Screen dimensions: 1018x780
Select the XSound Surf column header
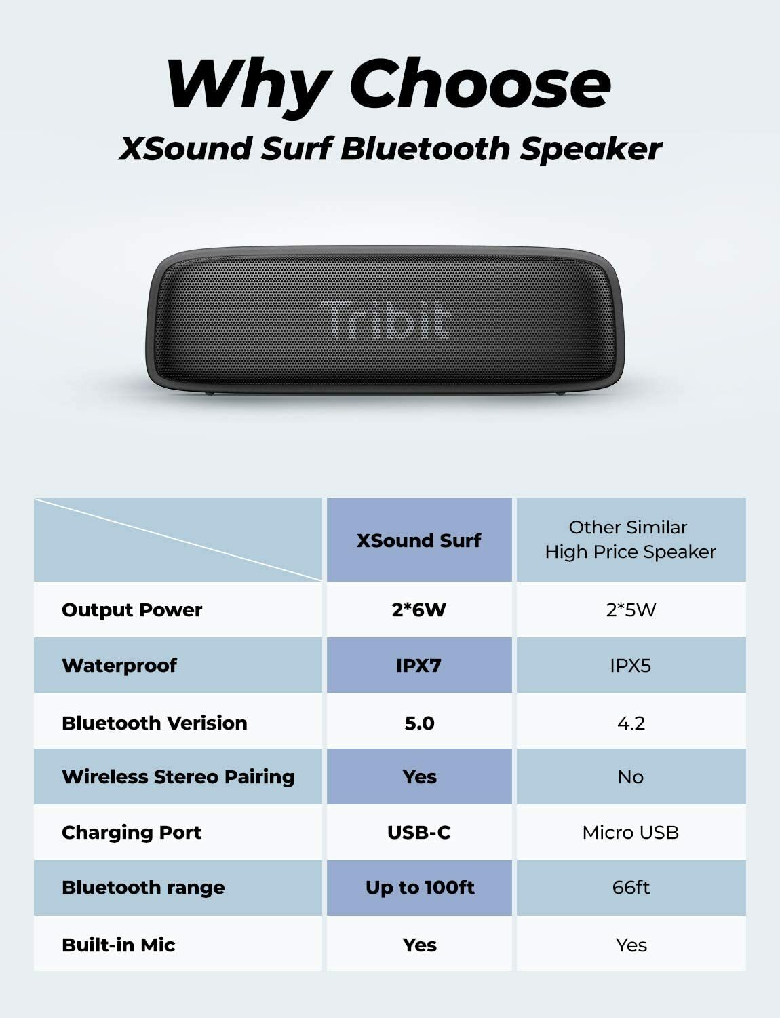[418, 540]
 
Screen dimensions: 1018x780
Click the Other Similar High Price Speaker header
[630, 540]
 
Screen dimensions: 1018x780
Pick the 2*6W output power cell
[418, 609]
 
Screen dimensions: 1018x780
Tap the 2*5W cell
[631, 609]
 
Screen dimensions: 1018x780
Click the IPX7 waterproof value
[418, 665]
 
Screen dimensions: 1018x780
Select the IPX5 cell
[631, 665]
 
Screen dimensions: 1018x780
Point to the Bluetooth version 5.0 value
[419, 723]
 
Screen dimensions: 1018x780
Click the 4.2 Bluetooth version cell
[631, 723]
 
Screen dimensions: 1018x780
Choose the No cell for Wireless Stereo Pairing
[631, 776]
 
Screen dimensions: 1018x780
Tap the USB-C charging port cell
[418, 832]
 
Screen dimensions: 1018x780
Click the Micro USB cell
[631, 832]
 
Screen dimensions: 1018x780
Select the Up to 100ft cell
[420, 887]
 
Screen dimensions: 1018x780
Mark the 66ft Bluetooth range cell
[631, 887]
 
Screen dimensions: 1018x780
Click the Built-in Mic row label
[119, 945]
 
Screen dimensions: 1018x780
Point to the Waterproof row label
[119, 665]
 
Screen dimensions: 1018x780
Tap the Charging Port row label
[132, 832]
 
